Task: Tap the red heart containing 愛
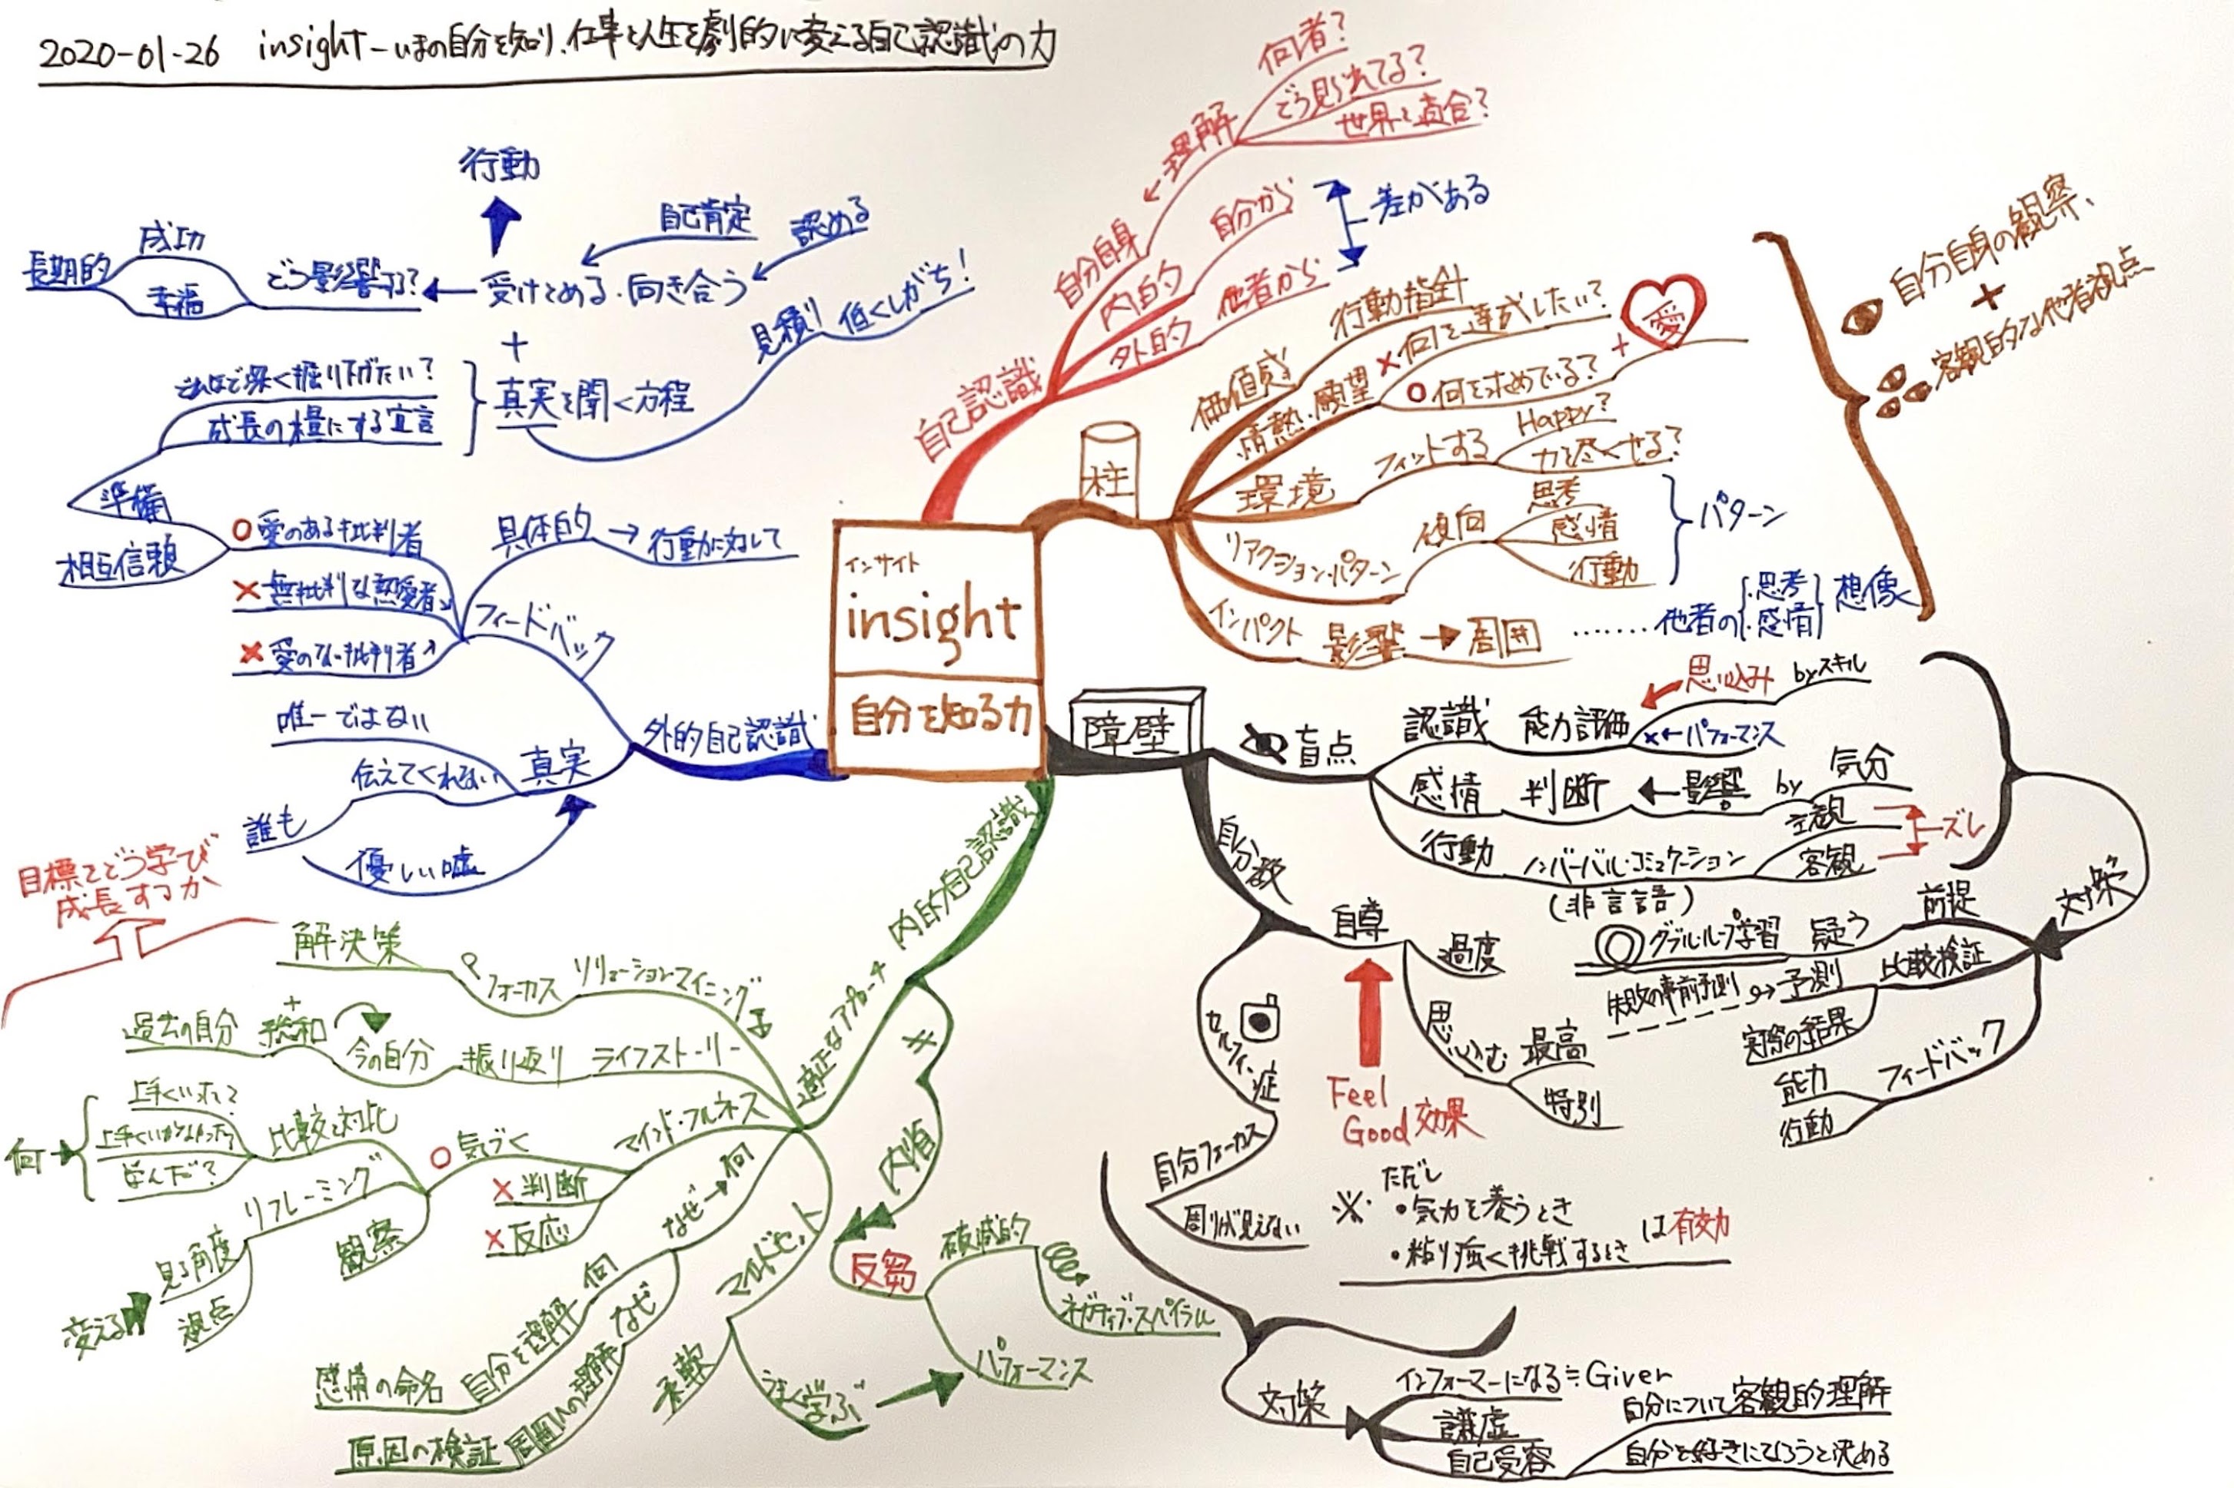point(1661,313)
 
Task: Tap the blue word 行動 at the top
point(500,167)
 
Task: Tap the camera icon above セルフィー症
point(1262,1020)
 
